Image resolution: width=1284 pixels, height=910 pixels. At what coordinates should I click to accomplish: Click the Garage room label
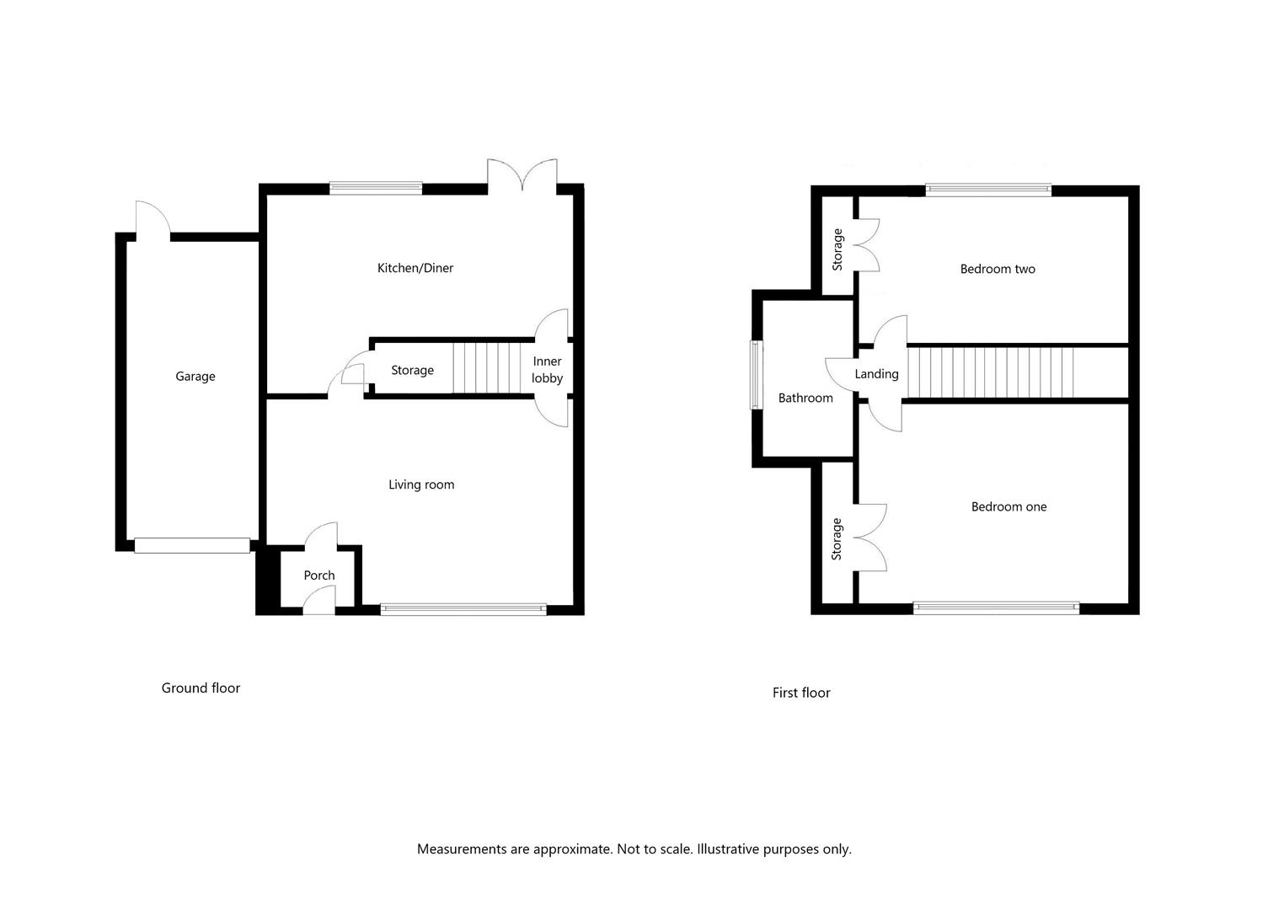point(195,377)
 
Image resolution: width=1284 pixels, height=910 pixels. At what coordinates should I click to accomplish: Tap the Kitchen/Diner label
point(415,268)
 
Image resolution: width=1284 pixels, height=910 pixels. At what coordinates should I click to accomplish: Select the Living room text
point(421,485)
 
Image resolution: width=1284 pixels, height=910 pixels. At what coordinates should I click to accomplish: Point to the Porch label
point(319,575)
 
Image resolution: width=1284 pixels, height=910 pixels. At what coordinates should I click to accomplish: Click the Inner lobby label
point(548,370)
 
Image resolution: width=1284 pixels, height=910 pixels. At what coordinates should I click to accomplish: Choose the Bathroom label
point(805,398)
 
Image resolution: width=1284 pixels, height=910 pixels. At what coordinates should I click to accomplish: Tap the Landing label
point(876,374)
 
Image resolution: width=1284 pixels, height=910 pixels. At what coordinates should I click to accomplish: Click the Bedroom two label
point(998,269)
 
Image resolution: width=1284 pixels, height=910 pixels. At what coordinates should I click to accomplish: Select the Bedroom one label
point(1008,507)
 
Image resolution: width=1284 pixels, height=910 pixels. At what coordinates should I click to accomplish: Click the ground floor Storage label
point(412,371)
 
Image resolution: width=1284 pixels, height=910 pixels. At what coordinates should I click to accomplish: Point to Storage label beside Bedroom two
point(837,249)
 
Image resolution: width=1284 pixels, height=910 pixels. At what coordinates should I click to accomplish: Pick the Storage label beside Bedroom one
point(837,539)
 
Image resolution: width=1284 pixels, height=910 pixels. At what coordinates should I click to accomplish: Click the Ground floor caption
point(201,688)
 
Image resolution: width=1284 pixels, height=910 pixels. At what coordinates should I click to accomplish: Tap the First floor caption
point(801,693)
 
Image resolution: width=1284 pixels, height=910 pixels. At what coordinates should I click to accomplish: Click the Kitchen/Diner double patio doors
point(522,175)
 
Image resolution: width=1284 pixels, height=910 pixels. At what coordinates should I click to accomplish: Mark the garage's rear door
point(153,220)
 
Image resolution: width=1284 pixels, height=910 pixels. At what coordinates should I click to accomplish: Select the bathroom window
point(757,375)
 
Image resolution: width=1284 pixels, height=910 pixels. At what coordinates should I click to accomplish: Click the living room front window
point(463,609)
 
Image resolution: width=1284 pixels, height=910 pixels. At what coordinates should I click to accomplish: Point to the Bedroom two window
point(988,190)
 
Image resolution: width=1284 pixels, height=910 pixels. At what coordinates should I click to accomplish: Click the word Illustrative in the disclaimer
point(728,849)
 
